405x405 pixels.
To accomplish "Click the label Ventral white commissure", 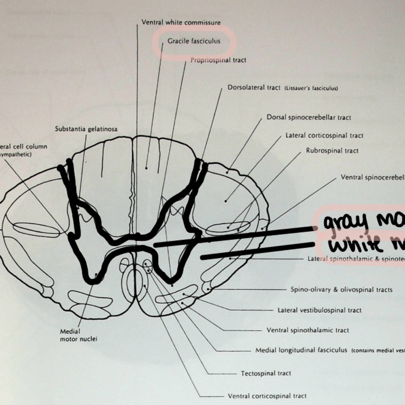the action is (x=181, y=22).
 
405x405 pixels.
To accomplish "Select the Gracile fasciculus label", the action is (x=194, y=41).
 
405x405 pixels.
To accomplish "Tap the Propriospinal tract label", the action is (x=218, y=60).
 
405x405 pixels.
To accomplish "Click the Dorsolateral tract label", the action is (x=254, y=88).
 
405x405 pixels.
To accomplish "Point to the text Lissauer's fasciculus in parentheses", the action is (x=311, y=89).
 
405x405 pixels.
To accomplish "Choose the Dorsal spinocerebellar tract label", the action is (x=309, y=117).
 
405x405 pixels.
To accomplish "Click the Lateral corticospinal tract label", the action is (x=324, y=136).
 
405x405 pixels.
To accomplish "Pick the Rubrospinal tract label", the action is (x=332, y=151).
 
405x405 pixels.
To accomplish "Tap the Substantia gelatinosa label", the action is (x=86, y=129).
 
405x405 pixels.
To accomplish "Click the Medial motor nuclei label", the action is (x=78, y=335).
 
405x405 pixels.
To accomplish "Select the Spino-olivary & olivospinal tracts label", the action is (x=341, y=290).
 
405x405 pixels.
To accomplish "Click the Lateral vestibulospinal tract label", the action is (x=319, y=310).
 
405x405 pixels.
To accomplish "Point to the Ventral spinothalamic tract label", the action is (x=308, y=330).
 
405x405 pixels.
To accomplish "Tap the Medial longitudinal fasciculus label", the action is (x=301, y=350).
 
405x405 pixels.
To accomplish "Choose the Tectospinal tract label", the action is (x=266, y=373).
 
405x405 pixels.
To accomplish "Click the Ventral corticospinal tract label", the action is (x=267, y=396).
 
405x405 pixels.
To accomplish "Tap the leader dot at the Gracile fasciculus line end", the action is (x=146, y=168).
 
